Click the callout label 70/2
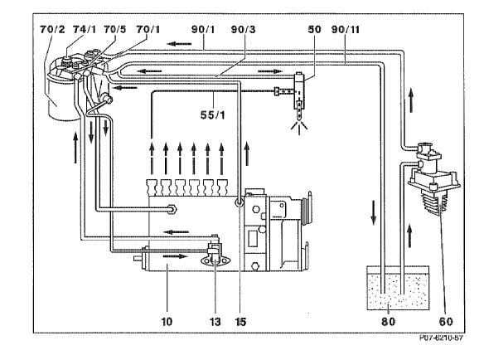pyautogui.click(x=52, y=30)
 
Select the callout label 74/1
pyautogui.click(x=85, y=30)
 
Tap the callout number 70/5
pyautogui.click(x=115, y=30)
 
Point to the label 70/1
pyautogui.click(x=148, y=30)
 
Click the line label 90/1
pyautogui.click(x=203, y=30)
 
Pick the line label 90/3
pyautogui.click(x=243, y=30)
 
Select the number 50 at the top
pyautogui.click(x=315, y=30)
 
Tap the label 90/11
pyautogui.click(x=346, y=30)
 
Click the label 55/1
pyautogui.click(x=213, y=115)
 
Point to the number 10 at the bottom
pyautogui.click(x=167, y=322)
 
